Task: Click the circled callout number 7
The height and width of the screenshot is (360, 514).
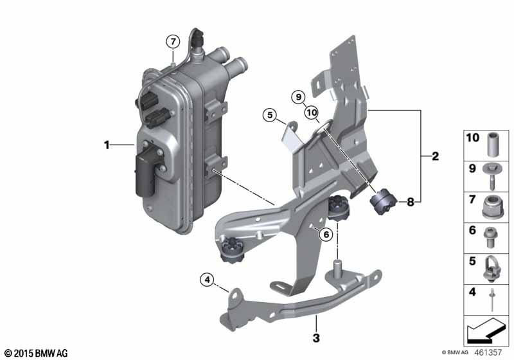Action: [173, 42]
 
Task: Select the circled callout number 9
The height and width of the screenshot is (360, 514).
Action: [298, 97]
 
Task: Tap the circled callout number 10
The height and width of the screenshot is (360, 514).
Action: [312, 113]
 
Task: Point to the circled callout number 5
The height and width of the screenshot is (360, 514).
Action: [270, 115]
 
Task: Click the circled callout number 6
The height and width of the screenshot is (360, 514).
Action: [326, 234]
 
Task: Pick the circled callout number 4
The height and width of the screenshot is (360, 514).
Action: [207, 280]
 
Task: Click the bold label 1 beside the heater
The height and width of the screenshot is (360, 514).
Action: [107, 145]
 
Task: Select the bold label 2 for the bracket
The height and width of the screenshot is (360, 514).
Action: [435, 156]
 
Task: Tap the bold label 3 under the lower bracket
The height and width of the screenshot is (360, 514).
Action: [316, 337]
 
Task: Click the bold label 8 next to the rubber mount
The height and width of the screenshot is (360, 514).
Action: [411, 202]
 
